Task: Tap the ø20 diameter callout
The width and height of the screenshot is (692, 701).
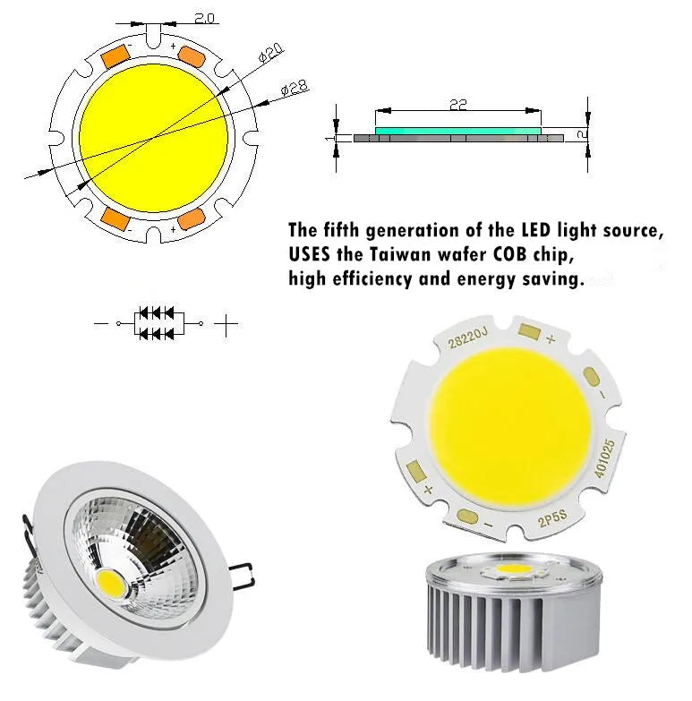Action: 271,53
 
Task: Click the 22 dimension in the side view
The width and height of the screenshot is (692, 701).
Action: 457,106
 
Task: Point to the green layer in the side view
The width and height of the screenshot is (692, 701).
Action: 457,131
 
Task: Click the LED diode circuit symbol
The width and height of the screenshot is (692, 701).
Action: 157,323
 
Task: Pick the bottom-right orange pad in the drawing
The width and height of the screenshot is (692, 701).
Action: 192,219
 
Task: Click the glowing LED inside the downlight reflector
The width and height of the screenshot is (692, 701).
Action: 110,582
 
